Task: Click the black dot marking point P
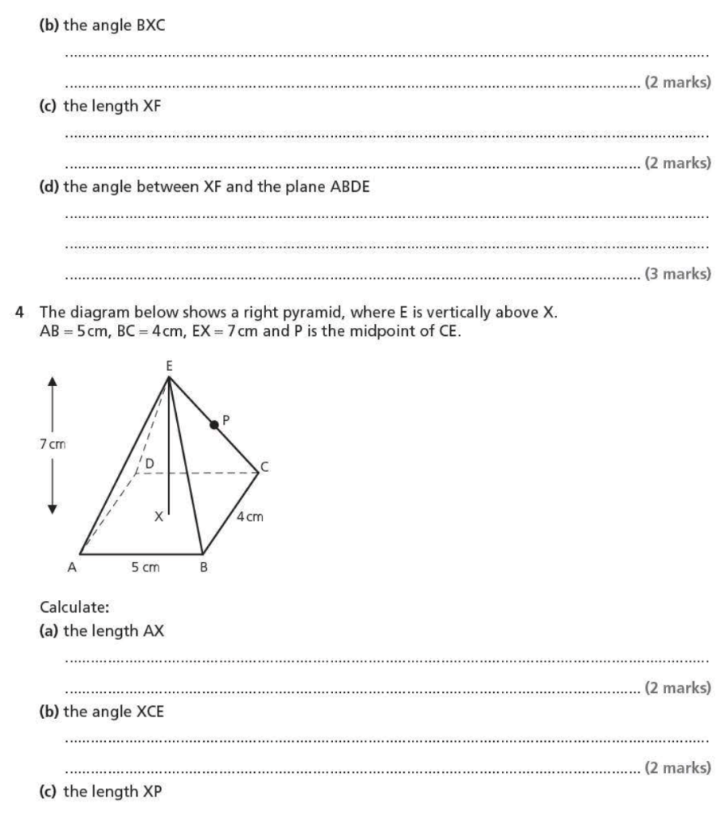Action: [x=214, y=425]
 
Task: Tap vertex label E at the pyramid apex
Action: [x=169, y=368]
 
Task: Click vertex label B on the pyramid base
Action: [x=205, y=568]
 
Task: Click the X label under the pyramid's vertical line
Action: [x=159, y=517]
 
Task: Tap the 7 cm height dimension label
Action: [x=53, y=444]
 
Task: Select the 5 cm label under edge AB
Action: [x=145, y=567]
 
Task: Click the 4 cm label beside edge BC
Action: [x=250, y=517]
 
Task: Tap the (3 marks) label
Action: [x=677, y=275]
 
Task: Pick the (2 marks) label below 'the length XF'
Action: [x=677, y=163]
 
